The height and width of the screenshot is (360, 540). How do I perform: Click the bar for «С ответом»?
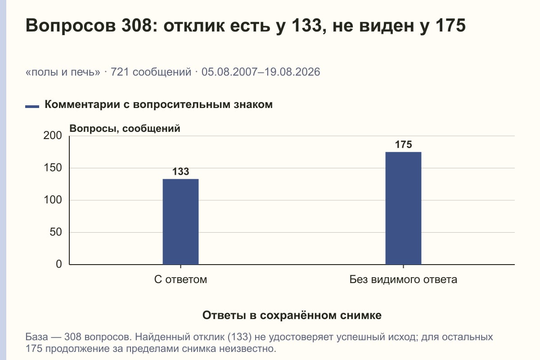180,222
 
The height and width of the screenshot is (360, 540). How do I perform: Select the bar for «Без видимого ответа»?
403,208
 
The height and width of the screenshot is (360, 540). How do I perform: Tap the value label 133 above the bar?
180,171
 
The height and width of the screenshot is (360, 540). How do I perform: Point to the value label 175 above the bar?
403,144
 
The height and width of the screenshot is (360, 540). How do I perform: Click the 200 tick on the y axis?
53,135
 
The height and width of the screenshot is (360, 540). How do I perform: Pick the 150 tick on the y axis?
53,168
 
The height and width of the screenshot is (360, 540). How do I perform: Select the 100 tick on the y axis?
53,200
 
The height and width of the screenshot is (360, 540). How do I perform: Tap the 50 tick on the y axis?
56,232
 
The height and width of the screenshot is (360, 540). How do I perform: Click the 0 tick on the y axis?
59,264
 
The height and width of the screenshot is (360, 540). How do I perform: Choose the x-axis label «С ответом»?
180,280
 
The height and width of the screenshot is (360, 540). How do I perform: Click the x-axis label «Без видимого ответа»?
403,280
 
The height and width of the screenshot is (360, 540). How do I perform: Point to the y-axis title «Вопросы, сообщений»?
125,129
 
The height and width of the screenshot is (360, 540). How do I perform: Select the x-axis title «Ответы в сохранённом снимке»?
292,315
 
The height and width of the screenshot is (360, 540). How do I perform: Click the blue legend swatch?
32,107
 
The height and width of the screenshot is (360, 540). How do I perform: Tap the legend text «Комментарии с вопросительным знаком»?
158,105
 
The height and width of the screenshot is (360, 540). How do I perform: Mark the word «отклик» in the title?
194,26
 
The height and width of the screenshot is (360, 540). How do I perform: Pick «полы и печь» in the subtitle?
63,72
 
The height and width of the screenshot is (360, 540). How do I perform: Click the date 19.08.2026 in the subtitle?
292,72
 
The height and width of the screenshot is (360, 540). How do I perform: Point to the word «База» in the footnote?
36,337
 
